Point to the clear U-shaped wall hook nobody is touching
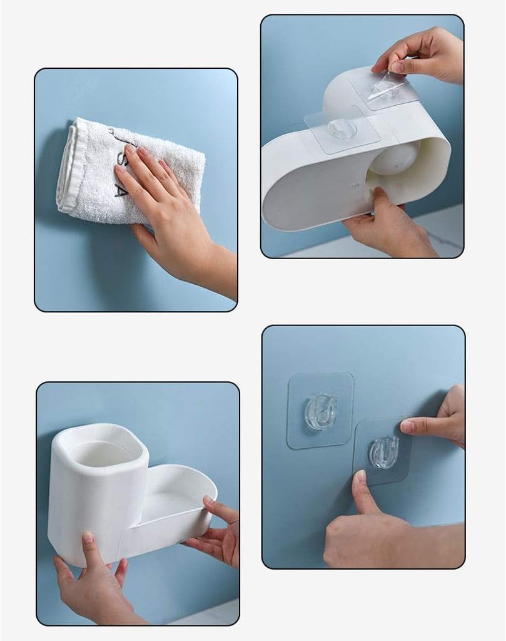320,411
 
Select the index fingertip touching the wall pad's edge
407,426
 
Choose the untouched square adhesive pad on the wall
320,411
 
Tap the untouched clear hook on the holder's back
342,129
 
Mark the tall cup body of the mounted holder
94,507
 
